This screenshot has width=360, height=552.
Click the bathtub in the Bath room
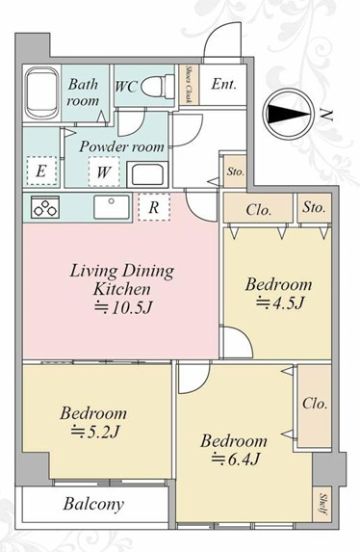click(42, 93)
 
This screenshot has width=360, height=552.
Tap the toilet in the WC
click(158, 86)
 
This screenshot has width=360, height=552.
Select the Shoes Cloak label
click(189, 85)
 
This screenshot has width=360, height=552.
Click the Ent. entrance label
click(223, 84)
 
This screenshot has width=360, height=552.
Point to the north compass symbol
click(289, 114)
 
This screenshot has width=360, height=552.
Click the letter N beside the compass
click(327, 115)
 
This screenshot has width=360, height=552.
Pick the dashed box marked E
click(41, 171)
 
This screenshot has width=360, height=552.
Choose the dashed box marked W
click(104, 171)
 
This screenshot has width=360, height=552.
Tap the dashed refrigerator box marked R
click(154, 207)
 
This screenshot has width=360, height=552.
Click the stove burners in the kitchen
click(44, 207)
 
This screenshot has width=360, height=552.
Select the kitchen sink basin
click(112, 207)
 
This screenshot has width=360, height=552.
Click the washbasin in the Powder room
click(147, 174)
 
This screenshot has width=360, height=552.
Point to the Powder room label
click(121, 146)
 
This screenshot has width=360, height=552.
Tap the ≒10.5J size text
click(123, 307)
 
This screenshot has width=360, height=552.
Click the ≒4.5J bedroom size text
click(279, 302)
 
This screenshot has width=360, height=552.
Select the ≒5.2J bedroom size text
click(95, 432)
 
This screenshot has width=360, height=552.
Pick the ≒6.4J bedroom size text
click(235, 459)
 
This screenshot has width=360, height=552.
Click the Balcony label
click(93, 504)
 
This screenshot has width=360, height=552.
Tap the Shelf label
click(322, 504)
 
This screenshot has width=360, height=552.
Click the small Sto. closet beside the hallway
click(236, 171)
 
